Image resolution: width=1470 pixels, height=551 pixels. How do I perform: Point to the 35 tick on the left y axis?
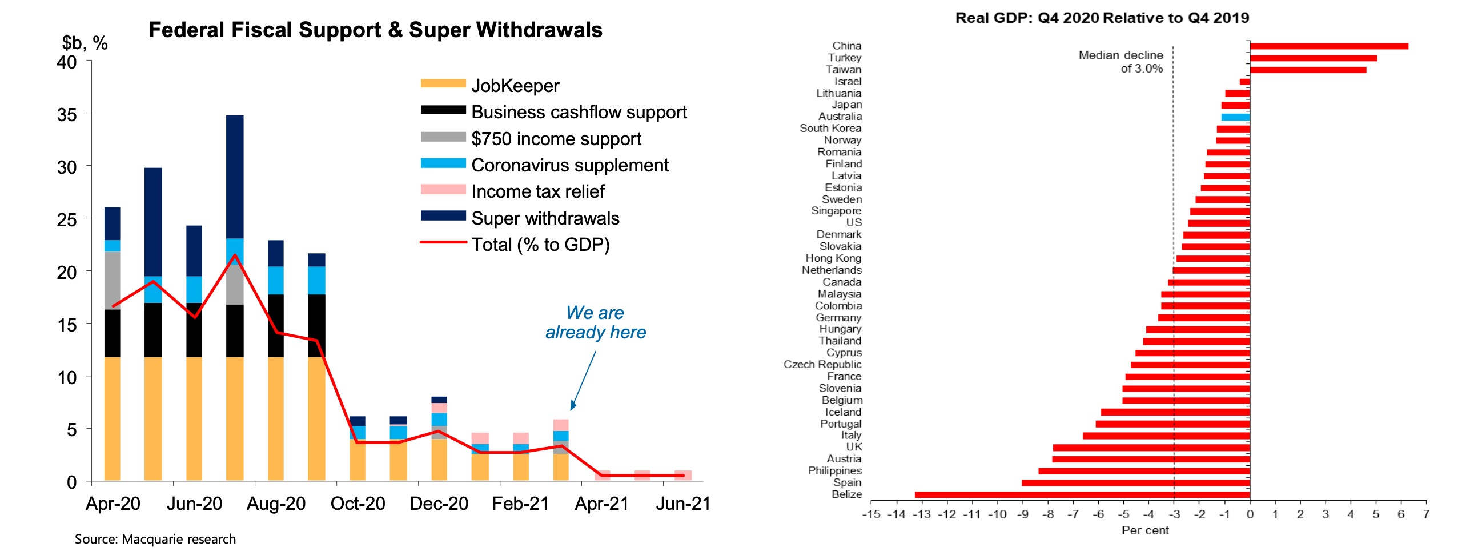pyautogui.click(x=67, y=115)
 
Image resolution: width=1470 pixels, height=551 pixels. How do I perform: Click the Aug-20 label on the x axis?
pyautogui.click(x=276, y=504)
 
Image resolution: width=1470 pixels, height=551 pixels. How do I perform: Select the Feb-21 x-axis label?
pyautogui.click(x=520, y=504)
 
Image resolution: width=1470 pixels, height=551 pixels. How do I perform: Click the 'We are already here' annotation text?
pyautogui.click(x=595, y=322)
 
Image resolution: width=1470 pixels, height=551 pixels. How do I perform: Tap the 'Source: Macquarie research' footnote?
pyautogui.click(x=155, y=539)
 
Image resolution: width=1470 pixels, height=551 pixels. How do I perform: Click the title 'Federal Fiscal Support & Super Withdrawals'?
pyautogui.click(x=375, y=30)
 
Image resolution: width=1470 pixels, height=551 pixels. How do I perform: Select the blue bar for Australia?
pyautogui.click(x=1235, y=117)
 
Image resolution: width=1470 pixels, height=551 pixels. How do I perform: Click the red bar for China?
pyautogui.click(x=1328, y=46)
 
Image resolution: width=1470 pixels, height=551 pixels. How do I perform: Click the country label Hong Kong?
pyautogui.click(x=833, y=258)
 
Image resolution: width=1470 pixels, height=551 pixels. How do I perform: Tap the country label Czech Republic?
pyautogui.click(x=822, y=365)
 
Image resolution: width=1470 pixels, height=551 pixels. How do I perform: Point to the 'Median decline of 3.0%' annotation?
pyautogui.click(x=1120, y=62)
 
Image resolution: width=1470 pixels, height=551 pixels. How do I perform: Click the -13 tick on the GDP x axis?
pyautogui.click(x=922, y=514)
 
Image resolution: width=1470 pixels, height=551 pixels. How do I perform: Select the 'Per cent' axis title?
pyautogui.click(x=1145, y=530)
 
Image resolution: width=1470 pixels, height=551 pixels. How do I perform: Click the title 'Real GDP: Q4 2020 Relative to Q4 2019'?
pyautogui.click(x=1102, y=18)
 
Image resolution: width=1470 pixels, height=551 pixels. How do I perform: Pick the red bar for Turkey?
pyautogui.click(x=1313, y=58)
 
